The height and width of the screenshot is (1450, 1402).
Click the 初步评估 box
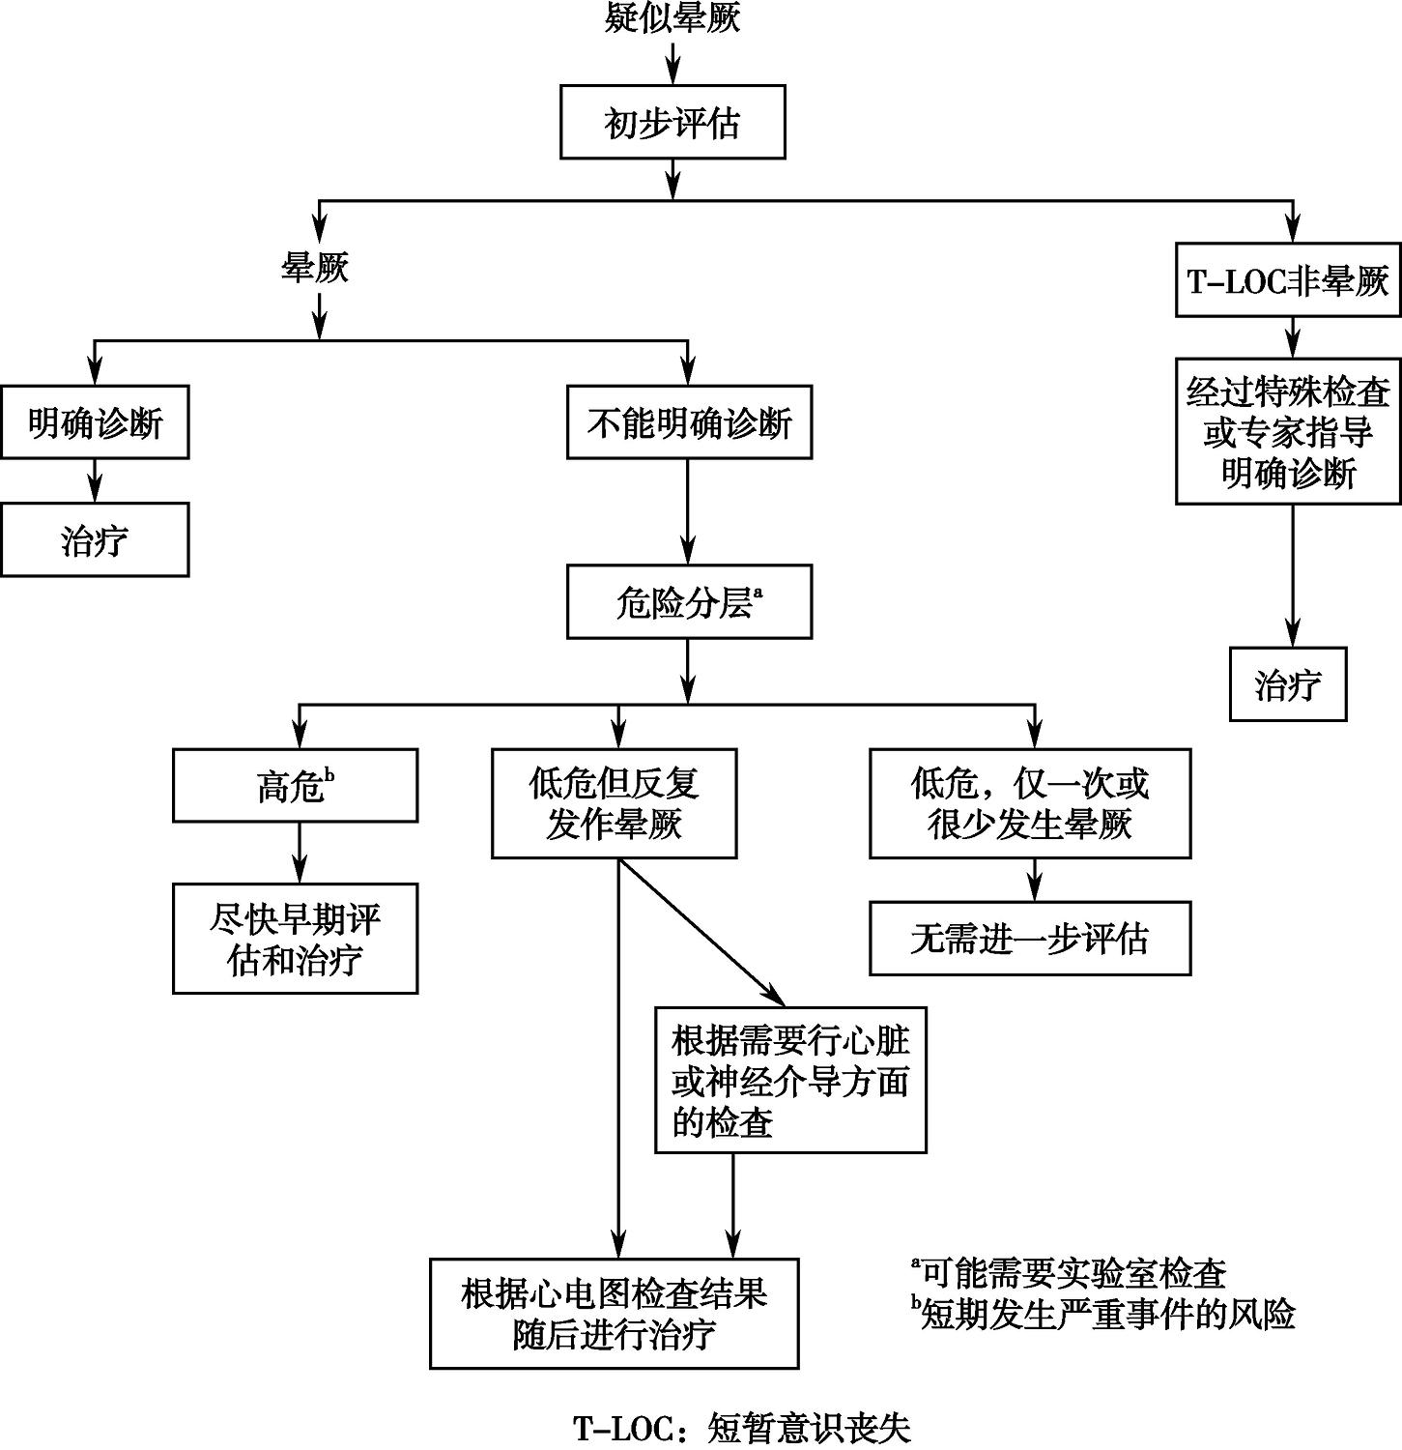tap(672, 122)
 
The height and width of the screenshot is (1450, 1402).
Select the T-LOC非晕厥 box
tap(1288, 280)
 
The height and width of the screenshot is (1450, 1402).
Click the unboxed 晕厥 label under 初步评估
tap(315, 268)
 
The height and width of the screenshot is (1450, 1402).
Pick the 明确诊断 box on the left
tap(95, 422)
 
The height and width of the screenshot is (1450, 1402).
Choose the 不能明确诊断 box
tap(689, 422)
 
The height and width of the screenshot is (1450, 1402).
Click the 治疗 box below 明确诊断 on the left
tap(95, 539)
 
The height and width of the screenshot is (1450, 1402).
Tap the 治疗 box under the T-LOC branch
tap(1288, 684)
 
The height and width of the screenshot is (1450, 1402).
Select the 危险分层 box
tap(689, 602)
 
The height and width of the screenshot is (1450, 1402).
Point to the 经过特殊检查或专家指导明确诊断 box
tap(1288, 431)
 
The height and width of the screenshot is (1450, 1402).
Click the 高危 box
tap(295, 786)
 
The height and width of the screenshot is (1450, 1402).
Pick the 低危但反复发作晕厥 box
tap(615, 803)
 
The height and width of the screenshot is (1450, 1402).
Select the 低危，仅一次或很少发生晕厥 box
tap(1030, 803)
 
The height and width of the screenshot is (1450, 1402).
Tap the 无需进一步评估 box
tap(1030, 939)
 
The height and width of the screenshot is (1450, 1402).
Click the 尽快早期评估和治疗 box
tap(295, 939)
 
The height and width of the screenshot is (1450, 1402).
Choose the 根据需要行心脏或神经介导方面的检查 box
tap(790, 1081)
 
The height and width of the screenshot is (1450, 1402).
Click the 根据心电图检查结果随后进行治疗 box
tap(615, 1314)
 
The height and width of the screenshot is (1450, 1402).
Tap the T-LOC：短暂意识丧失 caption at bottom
tap(742, 1429)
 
